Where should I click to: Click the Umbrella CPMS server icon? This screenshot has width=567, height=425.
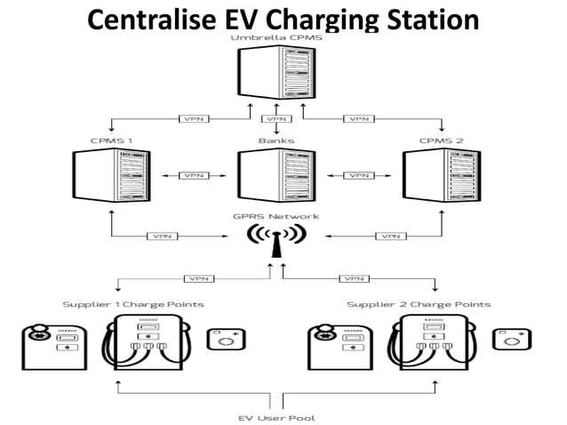276,75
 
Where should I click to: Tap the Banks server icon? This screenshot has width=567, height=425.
276,177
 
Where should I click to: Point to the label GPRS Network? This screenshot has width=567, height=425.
276,216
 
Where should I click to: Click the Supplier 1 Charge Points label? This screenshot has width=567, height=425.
133,304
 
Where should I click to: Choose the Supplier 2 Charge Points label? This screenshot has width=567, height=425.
419,304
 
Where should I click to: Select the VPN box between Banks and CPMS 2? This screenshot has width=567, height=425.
360,176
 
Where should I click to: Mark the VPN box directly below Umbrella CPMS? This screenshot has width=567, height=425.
276,118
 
